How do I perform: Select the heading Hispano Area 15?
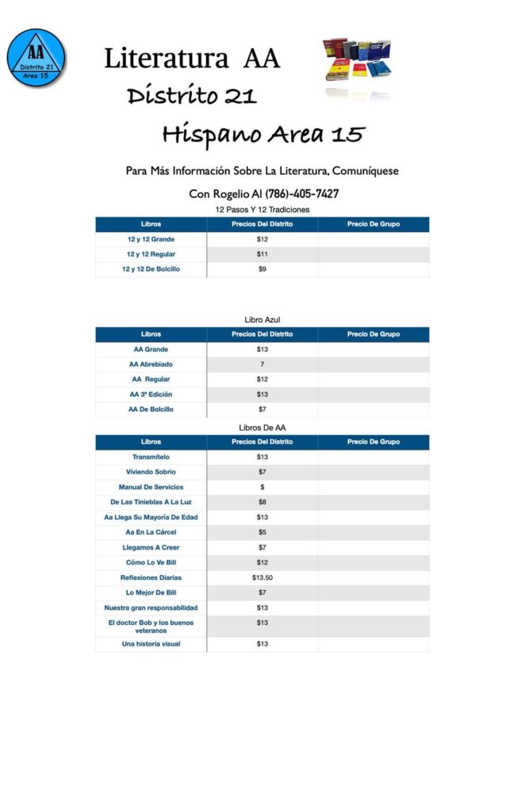coord(262,134)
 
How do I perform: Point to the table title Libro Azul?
coord(262,319)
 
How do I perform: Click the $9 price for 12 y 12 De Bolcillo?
coord(262,269)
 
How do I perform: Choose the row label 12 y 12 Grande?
coord(151,239)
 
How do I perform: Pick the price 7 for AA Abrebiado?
coord(262,364)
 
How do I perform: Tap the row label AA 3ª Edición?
coord(151,394)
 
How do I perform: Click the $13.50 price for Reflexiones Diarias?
coord(262,577)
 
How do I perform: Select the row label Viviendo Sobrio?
coord(151,472)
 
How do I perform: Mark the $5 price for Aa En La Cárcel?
coord(262,532)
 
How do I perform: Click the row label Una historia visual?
coord(151,644)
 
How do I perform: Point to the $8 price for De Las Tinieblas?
coord(262,502)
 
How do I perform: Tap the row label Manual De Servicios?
coord(151,487)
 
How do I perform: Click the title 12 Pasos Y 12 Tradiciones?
coord(262,209)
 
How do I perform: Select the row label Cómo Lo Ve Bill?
coord(151,562)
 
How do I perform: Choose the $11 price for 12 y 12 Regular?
coord(262,254)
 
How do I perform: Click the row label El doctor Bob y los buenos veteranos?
coord(151,626)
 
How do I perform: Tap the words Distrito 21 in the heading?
coord(192,97)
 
